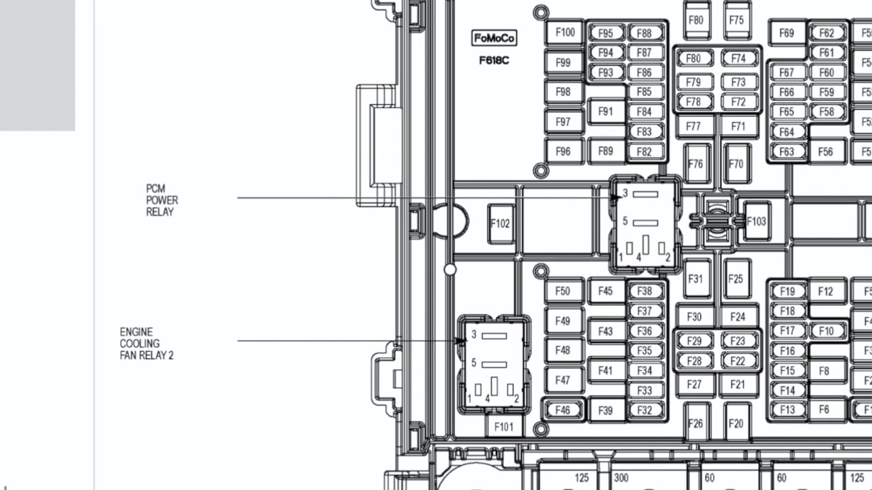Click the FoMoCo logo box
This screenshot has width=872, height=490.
[494, 38]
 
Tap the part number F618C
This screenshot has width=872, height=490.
[494, 61]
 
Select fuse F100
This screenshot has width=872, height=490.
[565, 32]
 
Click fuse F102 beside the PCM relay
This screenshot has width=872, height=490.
[501, 224]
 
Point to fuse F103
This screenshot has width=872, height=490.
[756, 221]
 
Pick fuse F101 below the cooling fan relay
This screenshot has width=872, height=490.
[503, 427]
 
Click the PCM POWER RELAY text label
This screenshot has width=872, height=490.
[162, 200]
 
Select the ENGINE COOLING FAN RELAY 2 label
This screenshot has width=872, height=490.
[146, 344]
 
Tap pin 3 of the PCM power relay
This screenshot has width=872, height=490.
[645, 194]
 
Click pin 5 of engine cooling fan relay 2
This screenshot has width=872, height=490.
[494, 364]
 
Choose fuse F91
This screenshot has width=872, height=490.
[606, 112]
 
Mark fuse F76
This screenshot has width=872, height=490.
[696, 164]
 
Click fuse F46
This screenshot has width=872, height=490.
[563, 410]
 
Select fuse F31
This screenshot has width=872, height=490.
[696, 279]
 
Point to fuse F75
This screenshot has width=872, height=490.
[736, 20]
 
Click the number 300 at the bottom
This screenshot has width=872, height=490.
[621, 478]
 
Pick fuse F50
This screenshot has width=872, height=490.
[563, 291]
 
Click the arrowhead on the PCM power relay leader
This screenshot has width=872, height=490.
[617, 197]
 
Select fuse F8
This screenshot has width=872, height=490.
[824, 371]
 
